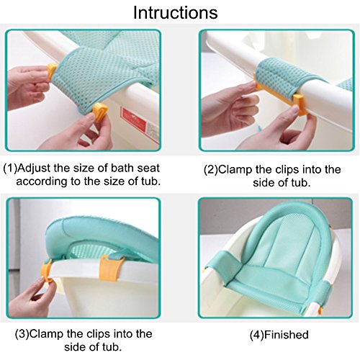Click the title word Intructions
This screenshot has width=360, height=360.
tap(176, 12)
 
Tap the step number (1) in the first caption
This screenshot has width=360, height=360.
tap(10, 168)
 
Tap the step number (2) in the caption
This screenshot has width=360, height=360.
tap(211, 170)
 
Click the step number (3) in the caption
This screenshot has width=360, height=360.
tap(22, 334)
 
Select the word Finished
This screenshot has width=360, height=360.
tap(286, 335)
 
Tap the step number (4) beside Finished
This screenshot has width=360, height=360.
tap(257, 335)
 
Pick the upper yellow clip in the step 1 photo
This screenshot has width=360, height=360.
tap(52, 71)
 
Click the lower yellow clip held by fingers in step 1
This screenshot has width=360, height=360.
tap(100, 112)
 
